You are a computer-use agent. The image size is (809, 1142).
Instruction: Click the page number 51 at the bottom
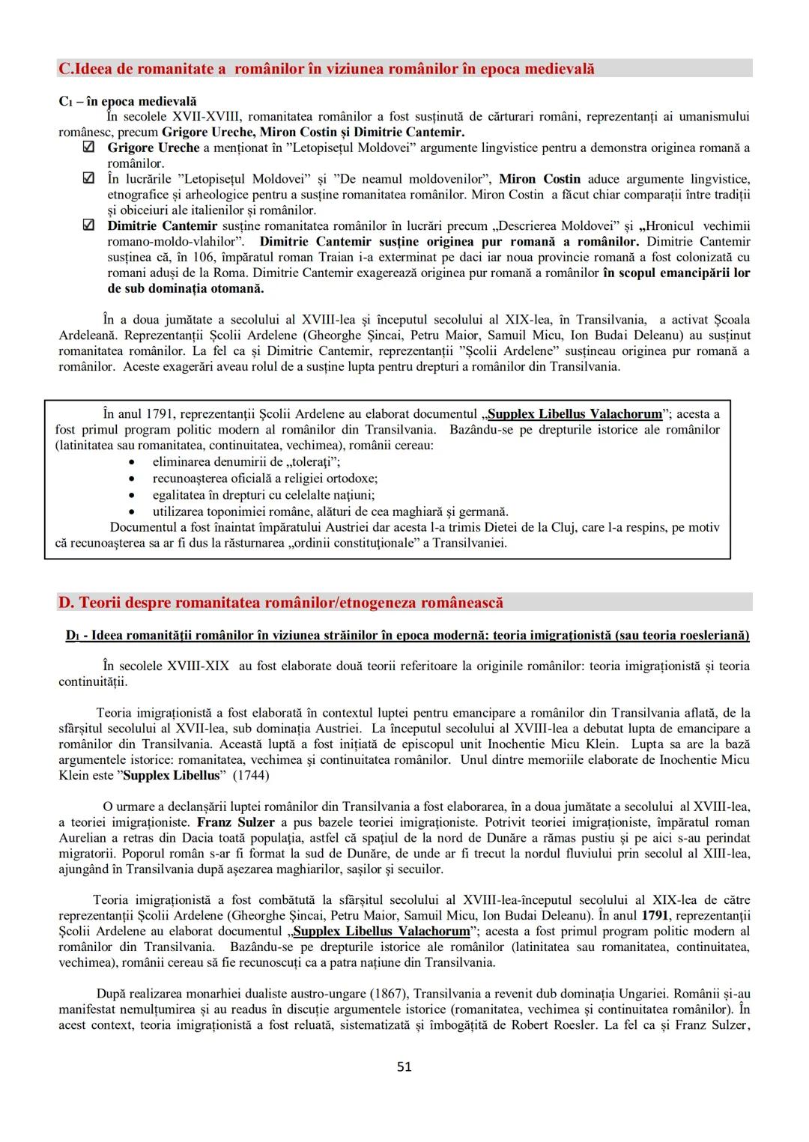coord(404,1066)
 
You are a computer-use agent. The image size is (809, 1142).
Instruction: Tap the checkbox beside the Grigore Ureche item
coord(88,148)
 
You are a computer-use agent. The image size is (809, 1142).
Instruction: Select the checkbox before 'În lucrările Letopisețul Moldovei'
coord(88,179)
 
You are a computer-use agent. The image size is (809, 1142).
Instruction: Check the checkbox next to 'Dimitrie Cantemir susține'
coord(88,225)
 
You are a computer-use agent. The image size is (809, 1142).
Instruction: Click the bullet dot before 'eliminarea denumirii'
coord(132,462)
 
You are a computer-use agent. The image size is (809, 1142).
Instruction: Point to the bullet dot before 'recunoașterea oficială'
coord(132,479)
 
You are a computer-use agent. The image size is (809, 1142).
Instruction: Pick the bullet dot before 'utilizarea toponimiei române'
coord(132,512)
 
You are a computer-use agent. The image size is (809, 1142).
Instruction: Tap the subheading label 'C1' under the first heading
coord(65,101)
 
